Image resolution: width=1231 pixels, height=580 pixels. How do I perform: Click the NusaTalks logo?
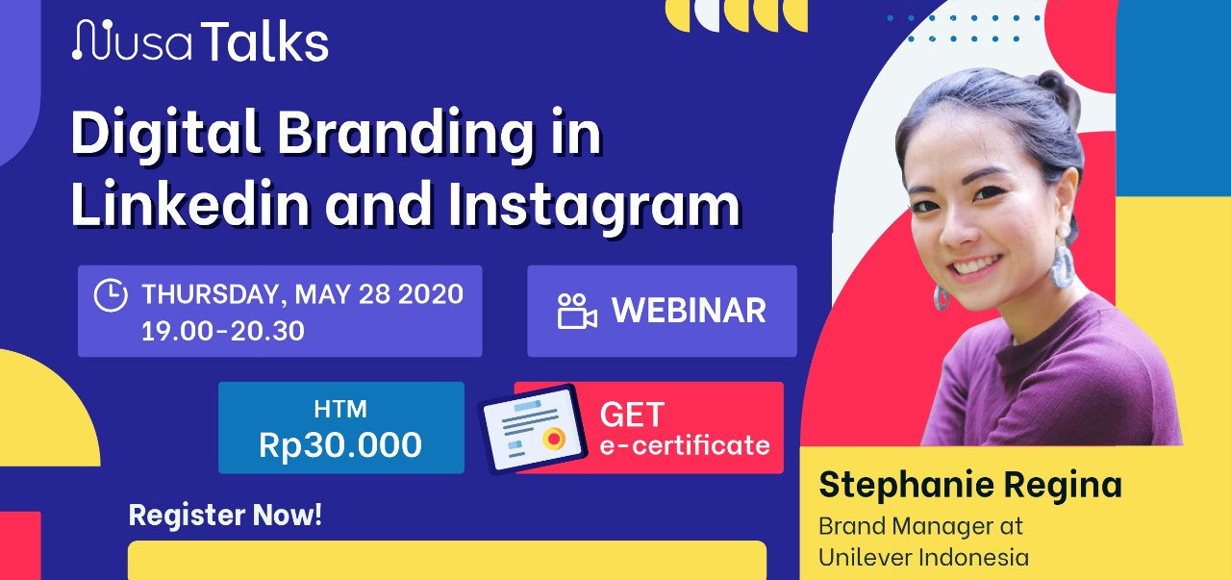201,40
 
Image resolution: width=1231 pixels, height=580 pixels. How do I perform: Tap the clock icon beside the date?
111,295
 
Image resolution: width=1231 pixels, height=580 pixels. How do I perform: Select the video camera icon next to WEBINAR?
577,312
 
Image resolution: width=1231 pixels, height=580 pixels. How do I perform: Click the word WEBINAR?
690,311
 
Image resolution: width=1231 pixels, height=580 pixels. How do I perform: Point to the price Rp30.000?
340,444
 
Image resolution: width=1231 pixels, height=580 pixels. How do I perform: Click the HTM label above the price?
340,409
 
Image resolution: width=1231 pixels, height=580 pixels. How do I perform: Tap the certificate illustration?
532,429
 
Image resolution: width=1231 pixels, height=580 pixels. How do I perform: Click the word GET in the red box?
632,415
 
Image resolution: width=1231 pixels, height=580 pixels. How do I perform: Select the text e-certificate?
685,445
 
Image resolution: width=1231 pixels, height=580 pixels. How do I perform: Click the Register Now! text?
225,516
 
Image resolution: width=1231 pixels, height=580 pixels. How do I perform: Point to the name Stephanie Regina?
970,485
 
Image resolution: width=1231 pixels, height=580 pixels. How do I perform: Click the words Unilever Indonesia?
924,557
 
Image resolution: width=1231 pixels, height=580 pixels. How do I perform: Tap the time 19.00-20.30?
223,331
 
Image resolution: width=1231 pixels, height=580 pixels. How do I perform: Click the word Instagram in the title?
594,206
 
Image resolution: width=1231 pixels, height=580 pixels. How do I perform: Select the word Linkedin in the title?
190,202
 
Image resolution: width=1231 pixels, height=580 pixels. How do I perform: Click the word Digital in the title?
165,134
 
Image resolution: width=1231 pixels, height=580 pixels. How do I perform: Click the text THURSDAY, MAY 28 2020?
303,294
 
